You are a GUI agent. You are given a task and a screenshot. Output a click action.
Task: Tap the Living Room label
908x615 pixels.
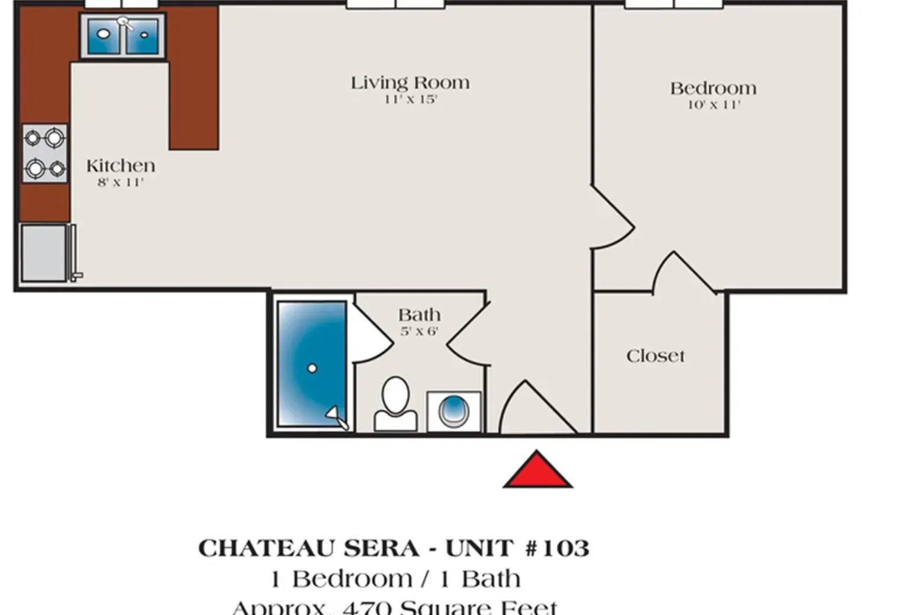410,83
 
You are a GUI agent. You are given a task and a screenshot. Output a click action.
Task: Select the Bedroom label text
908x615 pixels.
713,89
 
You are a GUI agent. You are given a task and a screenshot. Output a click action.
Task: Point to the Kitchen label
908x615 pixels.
121,166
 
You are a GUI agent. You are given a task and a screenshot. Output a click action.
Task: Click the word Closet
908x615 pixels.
656,356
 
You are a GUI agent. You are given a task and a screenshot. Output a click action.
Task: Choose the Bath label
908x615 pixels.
419,315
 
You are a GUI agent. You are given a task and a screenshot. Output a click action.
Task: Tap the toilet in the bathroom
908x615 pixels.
395,404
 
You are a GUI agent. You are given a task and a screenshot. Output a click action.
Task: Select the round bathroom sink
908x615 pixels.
453,410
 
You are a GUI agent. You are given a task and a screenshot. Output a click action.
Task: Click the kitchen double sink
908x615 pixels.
122,37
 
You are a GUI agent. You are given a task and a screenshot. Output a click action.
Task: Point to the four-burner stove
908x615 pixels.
45,153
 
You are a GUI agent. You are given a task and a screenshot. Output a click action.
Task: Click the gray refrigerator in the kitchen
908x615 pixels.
44,253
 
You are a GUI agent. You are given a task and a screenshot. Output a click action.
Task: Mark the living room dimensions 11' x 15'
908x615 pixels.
410,99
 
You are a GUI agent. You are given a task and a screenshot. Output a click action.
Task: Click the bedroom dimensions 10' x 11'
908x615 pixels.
714,105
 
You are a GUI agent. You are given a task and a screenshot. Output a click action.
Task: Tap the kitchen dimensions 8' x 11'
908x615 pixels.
121,182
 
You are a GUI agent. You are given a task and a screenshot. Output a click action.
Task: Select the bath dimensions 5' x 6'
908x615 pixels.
419,331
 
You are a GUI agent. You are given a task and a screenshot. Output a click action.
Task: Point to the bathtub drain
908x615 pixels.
312,368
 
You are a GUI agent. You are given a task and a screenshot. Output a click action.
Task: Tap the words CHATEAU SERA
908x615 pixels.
309,548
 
